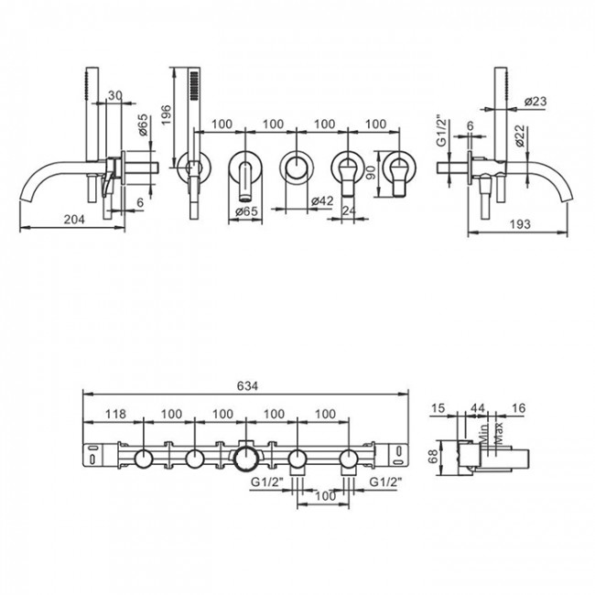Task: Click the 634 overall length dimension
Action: [x=247, y=386]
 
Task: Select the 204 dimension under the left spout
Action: [x=74, y=220]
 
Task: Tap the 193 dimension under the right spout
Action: [x=520, y=224]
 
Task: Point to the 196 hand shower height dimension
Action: [x=167, y=115]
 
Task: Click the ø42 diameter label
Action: [x=322, y=200]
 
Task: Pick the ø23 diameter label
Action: [x=535, y=102]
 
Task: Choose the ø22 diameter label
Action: [x=520, y=135]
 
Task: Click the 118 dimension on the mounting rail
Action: [x=115, y=414]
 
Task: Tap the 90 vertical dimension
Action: [x=372, y=172]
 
